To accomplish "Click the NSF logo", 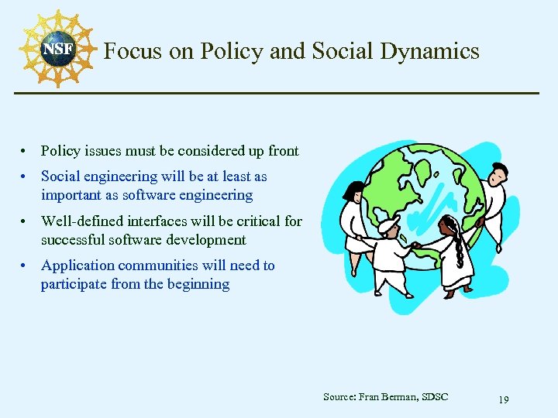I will pos(57,49).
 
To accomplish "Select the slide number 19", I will pos(503,399).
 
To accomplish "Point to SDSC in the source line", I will pos(436,397).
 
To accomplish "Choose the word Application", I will pos(79,266).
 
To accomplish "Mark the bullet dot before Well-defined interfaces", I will pos(26,221).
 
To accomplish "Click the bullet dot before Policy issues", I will pos(26,152).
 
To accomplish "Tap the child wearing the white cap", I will pos(390,255).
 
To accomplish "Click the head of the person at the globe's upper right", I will pos(498,171).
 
